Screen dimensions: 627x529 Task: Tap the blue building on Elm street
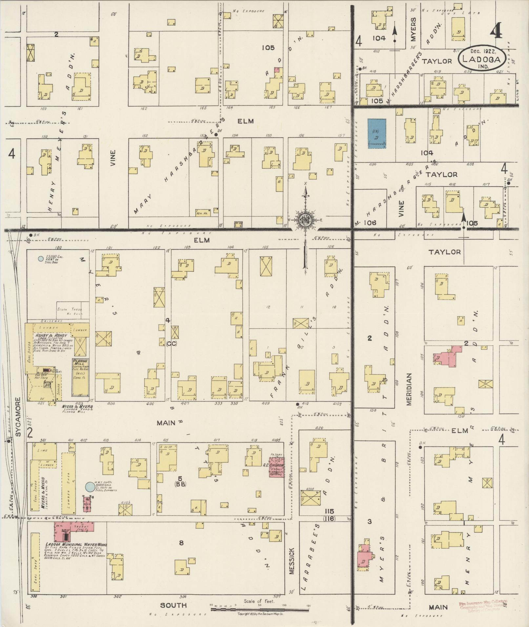pos(377,133)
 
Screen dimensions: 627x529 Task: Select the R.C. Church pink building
pos(277,467)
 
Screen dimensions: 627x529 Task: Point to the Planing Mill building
pos(80,377)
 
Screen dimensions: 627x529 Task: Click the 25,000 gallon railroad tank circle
pos(40,259)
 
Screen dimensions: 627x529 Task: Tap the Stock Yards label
pos(70,309)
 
